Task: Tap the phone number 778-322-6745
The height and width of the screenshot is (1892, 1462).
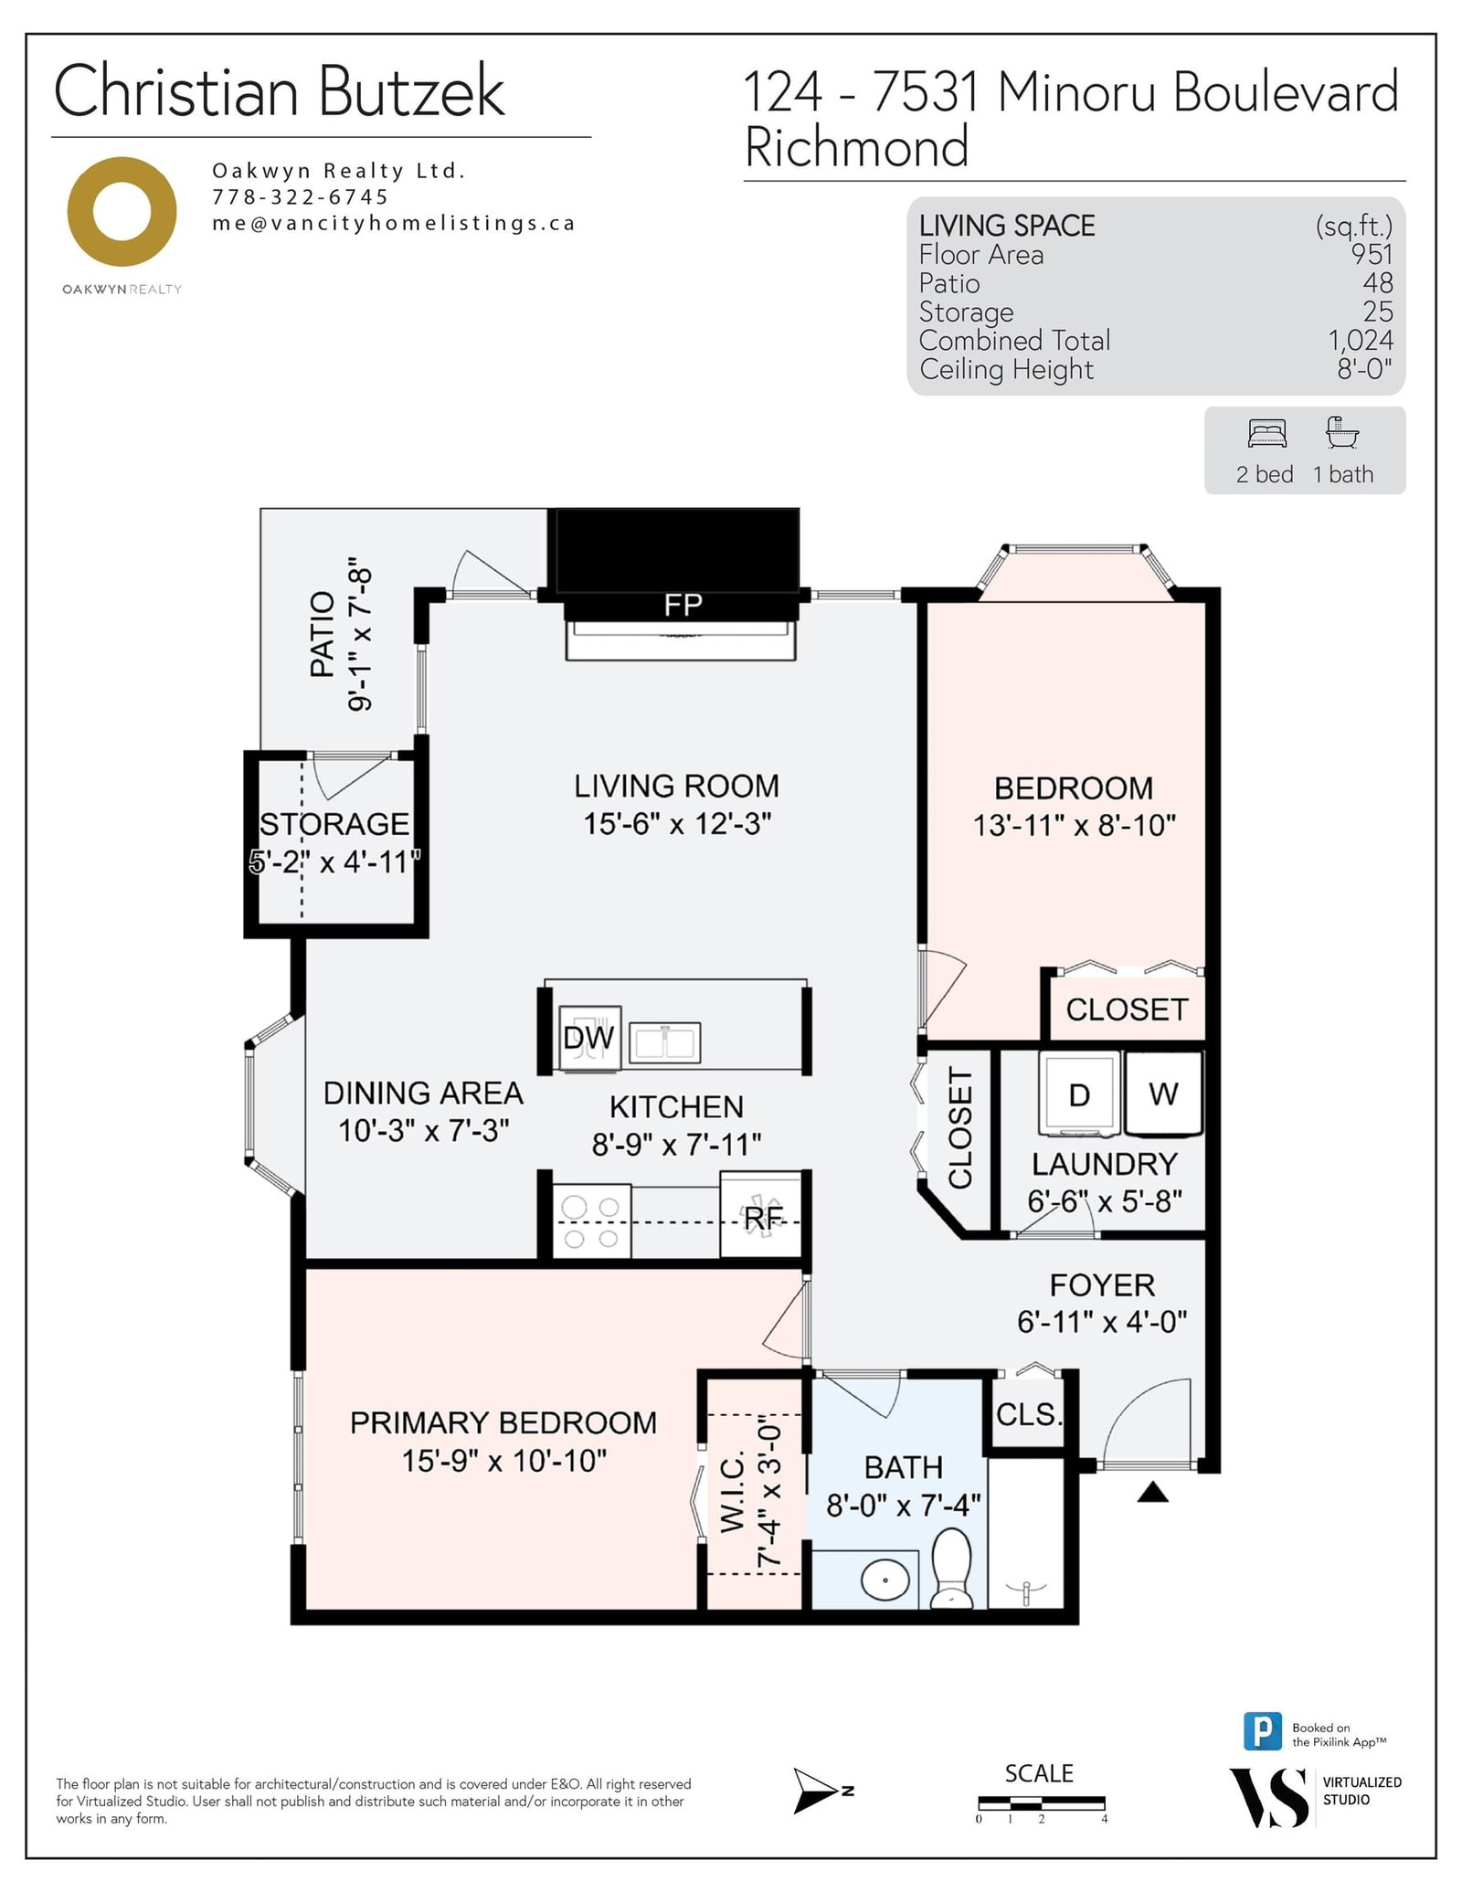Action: [301, 196]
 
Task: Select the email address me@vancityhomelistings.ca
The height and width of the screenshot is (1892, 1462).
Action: [394, 223]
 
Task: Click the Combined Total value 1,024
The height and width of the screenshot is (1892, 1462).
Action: [1361, 340]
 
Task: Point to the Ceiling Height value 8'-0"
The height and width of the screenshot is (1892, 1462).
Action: [1365, 369]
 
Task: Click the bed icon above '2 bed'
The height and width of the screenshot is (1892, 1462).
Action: [1267, 433]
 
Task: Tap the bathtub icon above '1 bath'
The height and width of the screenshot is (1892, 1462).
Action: [1342, 432]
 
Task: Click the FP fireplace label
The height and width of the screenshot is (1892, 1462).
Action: [683, 605]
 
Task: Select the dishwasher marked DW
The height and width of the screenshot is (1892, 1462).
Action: [589, 1038]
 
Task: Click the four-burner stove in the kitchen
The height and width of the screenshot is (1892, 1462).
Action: [591, 1221]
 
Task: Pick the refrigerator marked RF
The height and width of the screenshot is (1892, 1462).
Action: [761, 1217]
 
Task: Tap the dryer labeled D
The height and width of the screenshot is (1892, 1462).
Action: [1079, 1094]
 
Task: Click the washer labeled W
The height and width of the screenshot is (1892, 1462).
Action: [1163, 1094]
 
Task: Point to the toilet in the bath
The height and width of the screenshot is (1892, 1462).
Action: [951, 1569]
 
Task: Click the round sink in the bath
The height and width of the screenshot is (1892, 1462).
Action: [885, 1580]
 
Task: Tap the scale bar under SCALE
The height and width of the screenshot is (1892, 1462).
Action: [1042, 1803]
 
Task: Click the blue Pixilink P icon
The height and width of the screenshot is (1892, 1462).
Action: [1263, 1731]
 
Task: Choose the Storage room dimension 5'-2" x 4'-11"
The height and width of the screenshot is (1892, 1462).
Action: [334, 861]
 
